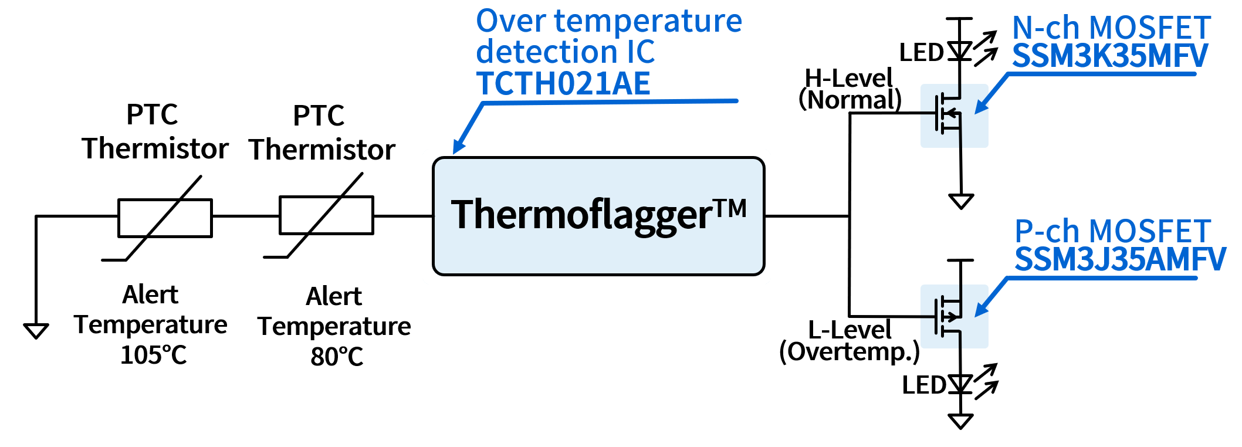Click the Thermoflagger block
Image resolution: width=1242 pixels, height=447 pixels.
(598, 215)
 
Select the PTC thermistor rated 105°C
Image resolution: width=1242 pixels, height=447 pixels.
(165, 218)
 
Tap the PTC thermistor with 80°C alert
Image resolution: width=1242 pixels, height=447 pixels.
(326, 215)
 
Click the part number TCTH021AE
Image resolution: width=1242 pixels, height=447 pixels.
(563, 83)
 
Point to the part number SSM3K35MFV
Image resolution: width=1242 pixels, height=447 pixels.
(1109, 56)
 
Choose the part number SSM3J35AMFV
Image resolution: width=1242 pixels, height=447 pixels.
(1120, 259)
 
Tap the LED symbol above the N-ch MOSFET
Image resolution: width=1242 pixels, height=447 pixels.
(960, 51)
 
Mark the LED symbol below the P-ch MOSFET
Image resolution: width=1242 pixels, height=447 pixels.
(960, 384)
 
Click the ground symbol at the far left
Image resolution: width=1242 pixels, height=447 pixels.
(36, 331)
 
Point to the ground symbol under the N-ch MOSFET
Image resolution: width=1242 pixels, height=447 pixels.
(961, 201)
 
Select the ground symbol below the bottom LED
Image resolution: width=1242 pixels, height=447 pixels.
(960, 421)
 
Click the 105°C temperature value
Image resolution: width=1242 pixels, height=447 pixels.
(153, 355)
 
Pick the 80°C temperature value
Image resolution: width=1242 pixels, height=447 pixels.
(337, 356)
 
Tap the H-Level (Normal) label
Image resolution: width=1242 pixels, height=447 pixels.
(850, 89)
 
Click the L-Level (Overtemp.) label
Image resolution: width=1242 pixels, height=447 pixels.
(850, 341)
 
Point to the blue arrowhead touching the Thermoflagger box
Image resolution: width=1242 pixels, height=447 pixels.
(459, 146)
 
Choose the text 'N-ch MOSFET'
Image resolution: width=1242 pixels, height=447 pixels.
(1111, 28)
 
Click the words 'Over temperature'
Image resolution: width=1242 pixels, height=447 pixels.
(608, 21)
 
